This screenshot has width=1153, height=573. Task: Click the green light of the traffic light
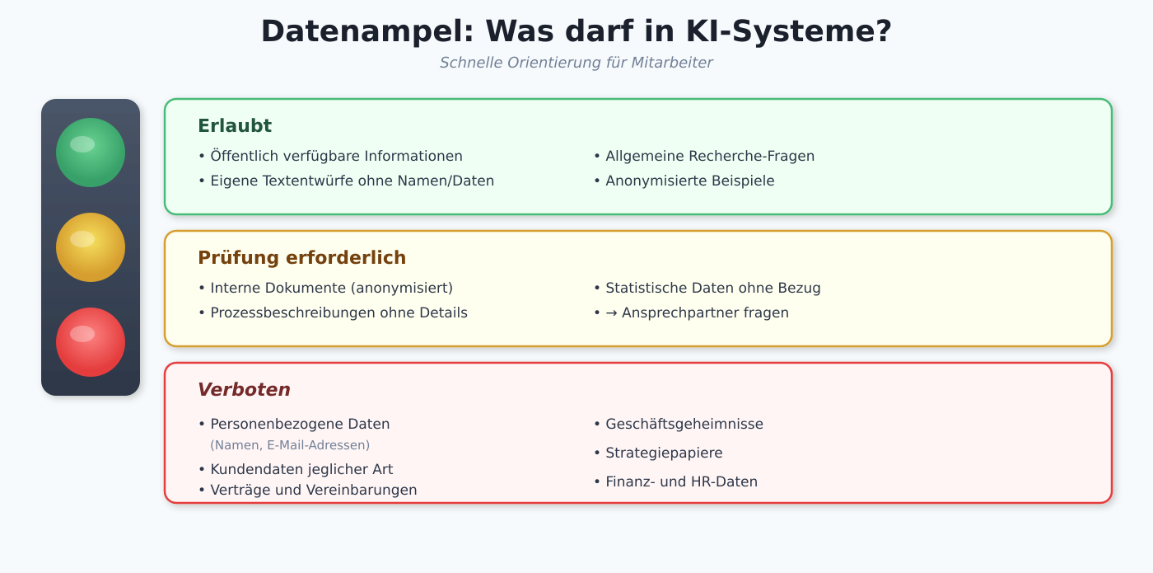tap(91, 153)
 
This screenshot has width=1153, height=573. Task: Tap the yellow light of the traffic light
tap(91, 247)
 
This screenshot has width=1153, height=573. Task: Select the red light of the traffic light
tap(91, 342)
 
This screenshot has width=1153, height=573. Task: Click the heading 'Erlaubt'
tap(235, 125)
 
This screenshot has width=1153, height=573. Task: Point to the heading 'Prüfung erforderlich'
tap(302, 257)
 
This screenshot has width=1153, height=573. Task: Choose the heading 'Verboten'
tap(244, 389)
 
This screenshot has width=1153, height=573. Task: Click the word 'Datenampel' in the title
tap(368, 32)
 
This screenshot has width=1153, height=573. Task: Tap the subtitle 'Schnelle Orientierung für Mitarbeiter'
tap(576, 63)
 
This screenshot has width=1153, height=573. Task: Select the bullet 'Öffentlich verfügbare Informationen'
tap(331, 156)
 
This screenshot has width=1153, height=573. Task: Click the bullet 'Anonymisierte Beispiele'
tap(684, 181)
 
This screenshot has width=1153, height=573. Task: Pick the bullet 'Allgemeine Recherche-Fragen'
tap(705, 156)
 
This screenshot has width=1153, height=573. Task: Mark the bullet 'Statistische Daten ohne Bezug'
tap(707, 288)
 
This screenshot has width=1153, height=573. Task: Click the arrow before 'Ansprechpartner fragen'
tap(611, 312)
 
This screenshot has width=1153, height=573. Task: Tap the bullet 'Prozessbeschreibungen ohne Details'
tap(334, 312)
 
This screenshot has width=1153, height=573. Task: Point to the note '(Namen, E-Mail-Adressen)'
tap(290, 445)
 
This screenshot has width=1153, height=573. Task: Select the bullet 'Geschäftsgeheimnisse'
tap(679, 424)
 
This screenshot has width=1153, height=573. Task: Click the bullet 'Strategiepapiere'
tap(658, 453)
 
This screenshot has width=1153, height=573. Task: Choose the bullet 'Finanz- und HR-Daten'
tap(676, 481)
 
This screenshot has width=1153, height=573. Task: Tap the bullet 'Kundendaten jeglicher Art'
tap(296, 469)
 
